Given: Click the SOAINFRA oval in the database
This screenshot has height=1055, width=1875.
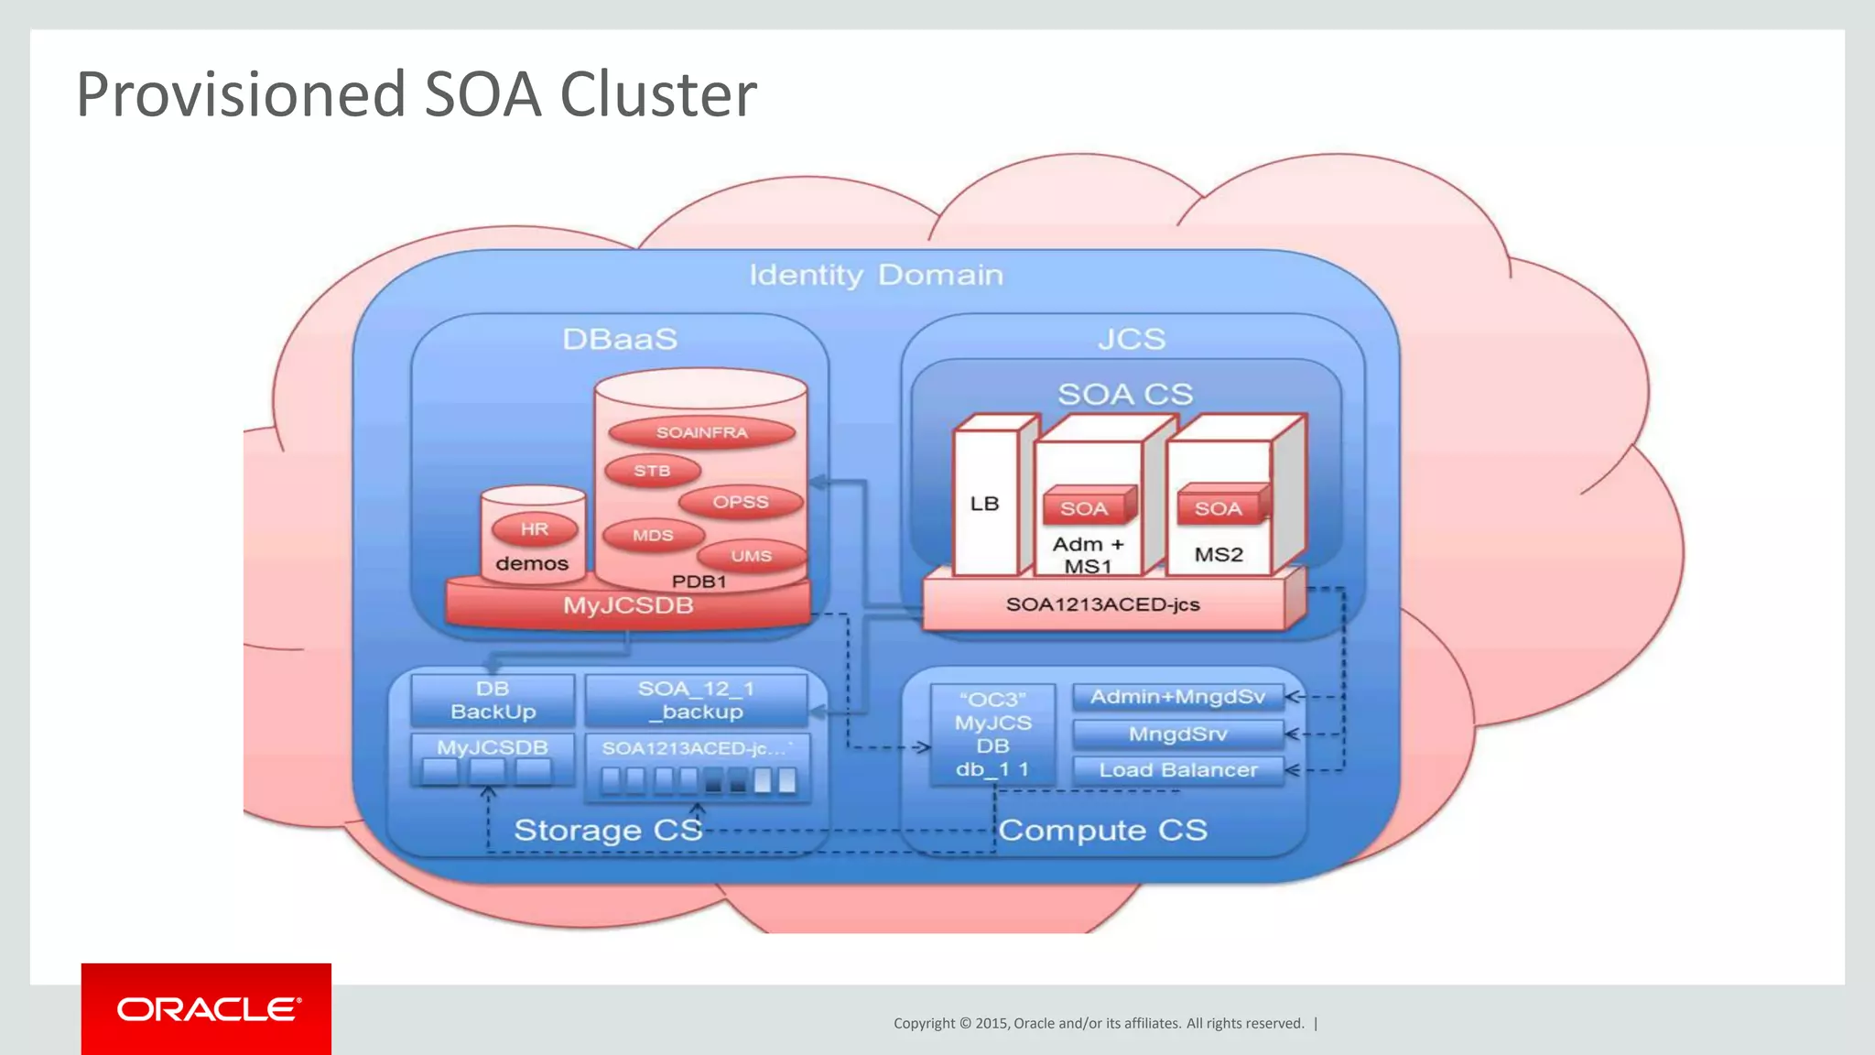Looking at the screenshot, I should [701, 432].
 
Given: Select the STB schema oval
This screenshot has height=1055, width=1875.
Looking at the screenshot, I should [652, 471].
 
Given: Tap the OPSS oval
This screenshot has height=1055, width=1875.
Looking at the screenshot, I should [741, 502].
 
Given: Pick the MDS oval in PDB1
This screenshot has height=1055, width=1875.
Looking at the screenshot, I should [653, 535].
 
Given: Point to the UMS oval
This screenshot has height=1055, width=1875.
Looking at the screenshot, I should [751, 556].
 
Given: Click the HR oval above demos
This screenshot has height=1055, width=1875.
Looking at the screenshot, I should [535, 528].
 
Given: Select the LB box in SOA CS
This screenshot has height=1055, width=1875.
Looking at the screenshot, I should [984, 504].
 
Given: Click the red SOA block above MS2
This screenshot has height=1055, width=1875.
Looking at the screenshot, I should [1219, 508].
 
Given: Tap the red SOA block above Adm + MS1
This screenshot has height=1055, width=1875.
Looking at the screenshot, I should [1085, 508].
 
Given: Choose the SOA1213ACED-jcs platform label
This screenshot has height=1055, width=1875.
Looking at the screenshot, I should [1102, 604].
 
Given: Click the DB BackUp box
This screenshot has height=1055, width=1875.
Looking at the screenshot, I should [493, 701].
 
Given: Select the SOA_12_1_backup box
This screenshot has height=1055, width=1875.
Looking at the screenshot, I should [697, 701].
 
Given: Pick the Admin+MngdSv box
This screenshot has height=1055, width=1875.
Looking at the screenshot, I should [1177, 697].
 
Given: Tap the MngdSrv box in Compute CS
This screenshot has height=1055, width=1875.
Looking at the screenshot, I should [1177, 734].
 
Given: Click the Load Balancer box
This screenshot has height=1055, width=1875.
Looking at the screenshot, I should [1177, 770].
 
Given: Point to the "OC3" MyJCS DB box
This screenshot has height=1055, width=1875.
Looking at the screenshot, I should [992, 734].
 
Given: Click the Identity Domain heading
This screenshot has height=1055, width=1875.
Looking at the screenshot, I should [876, 275].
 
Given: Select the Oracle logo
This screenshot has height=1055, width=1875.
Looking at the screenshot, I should [207, 1009].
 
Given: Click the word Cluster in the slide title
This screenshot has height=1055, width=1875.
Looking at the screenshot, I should [657, 94].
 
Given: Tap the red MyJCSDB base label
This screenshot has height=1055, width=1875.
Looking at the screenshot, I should [628, 605].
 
